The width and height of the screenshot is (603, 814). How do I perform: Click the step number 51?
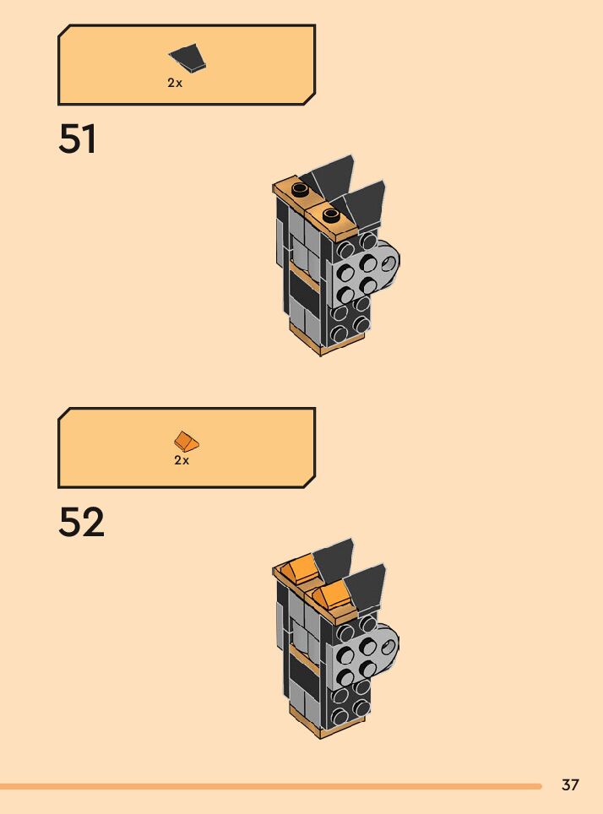tap(78, 139)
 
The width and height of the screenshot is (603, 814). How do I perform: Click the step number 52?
tap(81, 523)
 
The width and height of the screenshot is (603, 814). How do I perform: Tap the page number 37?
tap(570, 785)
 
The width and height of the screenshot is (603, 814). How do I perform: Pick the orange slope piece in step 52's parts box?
tap(187, 441)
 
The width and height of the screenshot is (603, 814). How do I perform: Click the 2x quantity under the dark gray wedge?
tap(175, 84)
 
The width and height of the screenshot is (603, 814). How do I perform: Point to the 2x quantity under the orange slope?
tap(182, 461)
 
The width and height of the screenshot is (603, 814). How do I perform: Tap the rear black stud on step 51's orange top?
tap(300, 188)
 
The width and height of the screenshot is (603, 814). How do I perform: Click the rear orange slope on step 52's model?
tap(297, 571)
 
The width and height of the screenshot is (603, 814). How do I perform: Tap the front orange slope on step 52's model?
tap(330, 597)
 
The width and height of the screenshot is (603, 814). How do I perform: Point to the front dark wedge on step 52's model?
tap(365, 585)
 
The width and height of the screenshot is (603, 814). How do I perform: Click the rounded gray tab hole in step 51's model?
tap(388, 263)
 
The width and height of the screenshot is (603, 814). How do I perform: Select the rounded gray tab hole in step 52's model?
tap(388, 647)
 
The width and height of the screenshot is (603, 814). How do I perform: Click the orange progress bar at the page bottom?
tap(270, 786)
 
